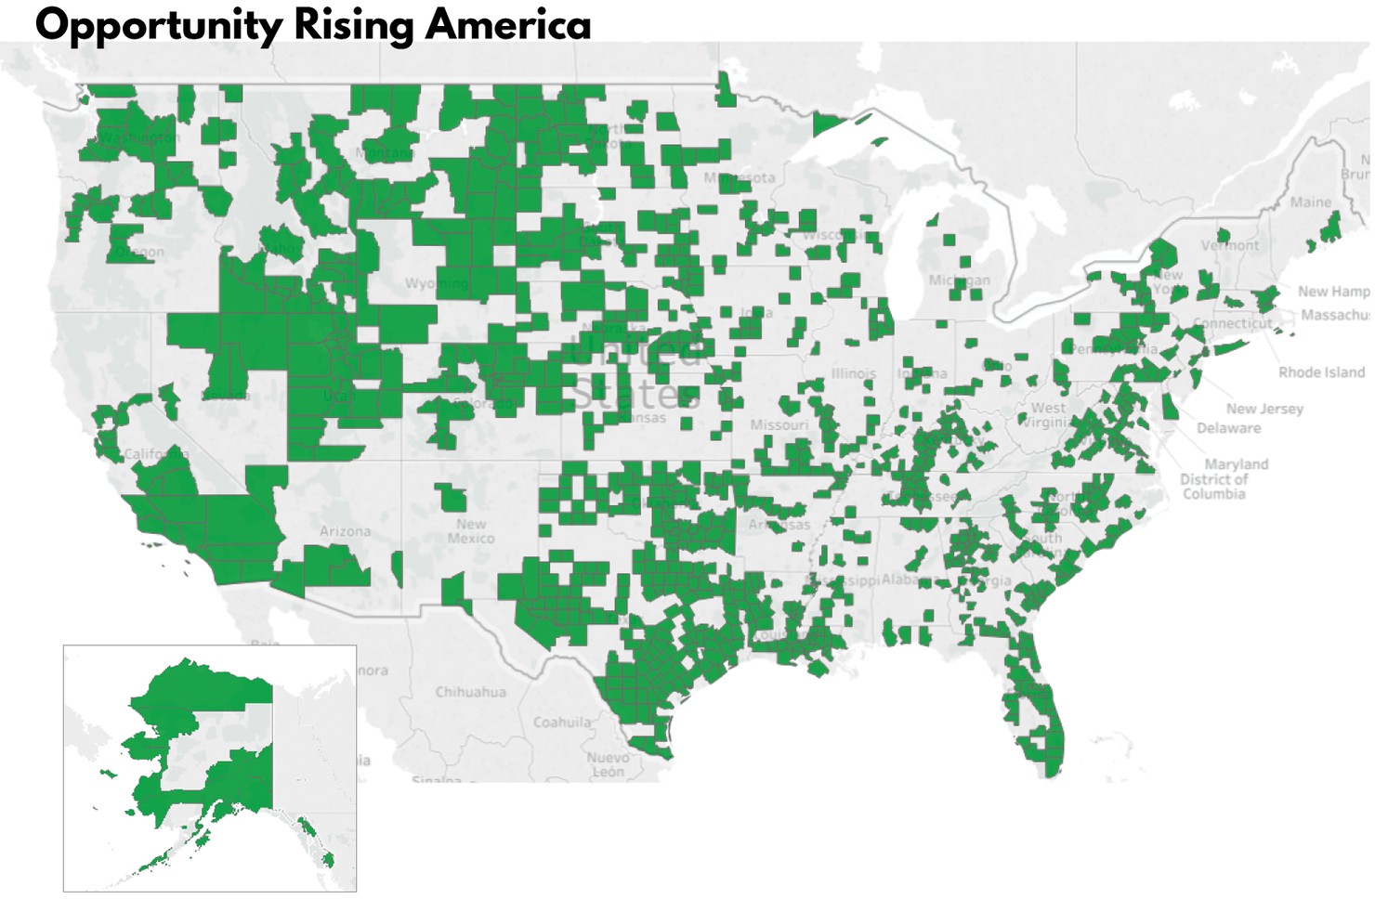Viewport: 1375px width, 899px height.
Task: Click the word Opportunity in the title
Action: pos(157,25)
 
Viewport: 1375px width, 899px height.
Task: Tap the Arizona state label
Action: pos(345,531)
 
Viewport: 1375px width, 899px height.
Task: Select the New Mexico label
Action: pos(470,531)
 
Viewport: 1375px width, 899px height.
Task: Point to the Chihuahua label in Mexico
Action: pos(470,692)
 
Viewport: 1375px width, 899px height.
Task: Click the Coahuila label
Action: pos(561,722)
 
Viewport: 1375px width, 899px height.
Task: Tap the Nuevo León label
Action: pos(608,764)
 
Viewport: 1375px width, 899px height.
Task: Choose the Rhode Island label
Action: pos(1321,372)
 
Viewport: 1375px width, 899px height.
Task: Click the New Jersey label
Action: pos(1264,409)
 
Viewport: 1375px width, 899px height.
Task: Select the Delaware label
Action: pos(1228,428)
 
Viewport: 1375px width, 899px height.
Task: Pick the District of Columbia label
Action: pos(1213,487)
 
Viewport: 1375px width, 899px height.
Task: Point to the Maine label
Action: pos(1310,202)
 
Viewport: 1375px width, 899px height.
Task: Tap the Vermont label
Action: pos(1230,245)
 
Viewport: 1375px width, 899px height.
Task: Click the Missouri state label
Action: pos(779,424)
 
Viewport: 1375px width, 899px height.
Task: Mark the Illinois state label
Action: pos(853,373)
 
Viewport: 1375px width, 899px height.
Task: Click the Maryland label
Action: pos(1236,463)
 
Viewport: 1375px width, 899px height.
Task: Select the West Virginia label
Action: pos(1048,414)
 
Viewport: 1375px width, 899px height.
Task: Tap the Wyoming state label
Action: pos(436,282)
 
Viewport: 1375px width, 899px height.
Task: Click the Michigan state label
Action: pos(959,280)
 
